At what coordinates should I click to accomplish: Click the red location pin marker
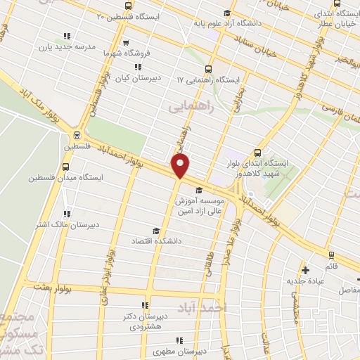click(181, 166)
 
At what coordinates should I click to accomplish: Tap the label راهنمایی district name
click(189, 107)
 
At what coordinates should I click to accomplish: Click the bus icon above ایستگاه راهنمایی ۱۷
click(207, 69)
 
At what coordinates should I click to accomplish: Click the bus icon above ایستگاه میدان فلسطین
click(66, 167)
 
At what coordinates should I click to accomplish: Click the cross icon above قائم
click(304, 269)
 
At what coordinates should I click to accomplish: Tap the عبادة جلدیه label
click(305, 281)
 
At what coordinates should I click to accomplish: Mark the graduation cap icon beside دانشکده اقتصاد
click(155, 230)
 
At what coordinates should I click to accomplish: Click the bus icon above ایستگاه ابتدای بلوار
click(257, 152)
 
